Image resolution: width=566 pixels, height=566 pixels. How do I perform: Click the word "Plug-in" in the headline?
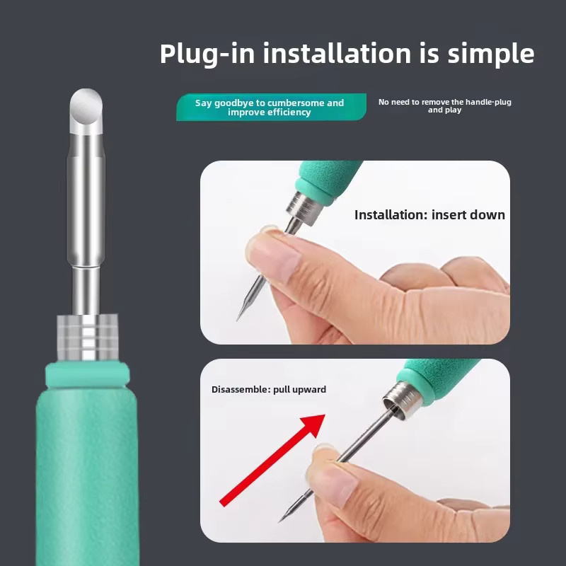(207, 54)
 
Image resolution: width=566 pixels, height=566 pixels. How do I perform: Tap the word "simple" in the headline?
(491, 54)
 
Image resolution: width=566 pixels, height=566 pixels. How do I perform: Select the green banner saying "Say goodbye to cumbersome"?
(271, 108)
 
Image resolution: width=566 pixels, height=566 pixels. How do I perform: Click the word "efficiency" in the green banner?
(287, 112)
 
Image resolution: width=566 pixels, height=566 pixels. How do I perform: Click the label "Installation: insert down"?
(429, 215)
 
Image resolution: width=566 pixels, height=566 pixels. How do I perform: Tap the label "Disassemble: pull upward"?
(269, 390)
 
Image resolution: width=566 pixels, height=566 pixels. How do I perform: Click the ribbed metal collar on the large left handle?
(88, 337)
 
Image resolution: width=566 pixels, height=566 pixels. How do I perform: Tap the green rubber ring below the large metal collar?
(87, 375)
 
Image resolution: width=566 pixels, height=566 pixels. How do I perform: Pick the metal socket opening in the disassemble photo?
(393, 408)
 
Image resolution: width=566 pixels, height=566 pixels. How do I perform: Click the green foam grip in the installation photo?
(328, 180)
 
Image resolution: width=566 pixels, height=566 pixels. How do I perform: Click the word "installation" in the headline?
(337, 54)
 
